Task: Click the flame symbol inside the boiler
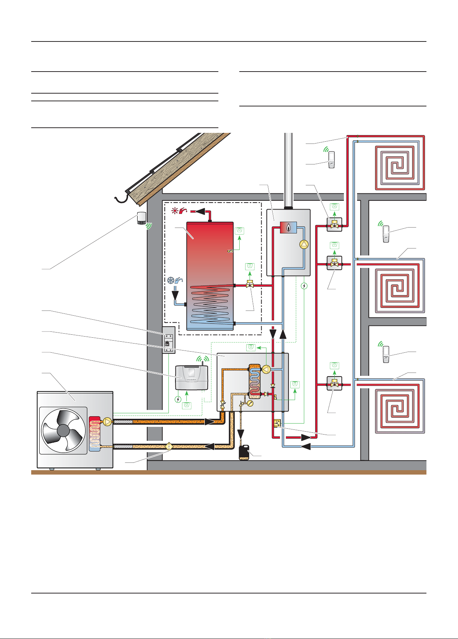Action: point(289,228)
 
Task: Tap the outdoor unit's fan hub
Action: point(63,431)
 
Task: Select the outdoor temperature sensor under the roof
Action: point(141,218)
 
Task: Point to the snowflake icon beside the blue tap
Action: point(171,280)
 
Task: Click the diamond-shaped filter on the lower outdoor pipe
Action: point(169,447)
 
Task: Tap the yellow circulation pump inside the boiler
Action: point(304,244)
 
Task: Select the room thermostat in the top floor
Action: point(331,160)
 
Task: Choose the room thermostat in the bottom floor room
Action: point(385,355)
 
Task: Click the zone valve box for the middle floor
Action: point(334,263)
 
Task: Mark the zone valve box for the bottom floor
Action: point(334,384)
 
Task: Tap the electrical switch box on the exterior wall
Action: point(168,340)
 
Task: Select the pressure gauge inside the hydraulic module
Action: point(250,403)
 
